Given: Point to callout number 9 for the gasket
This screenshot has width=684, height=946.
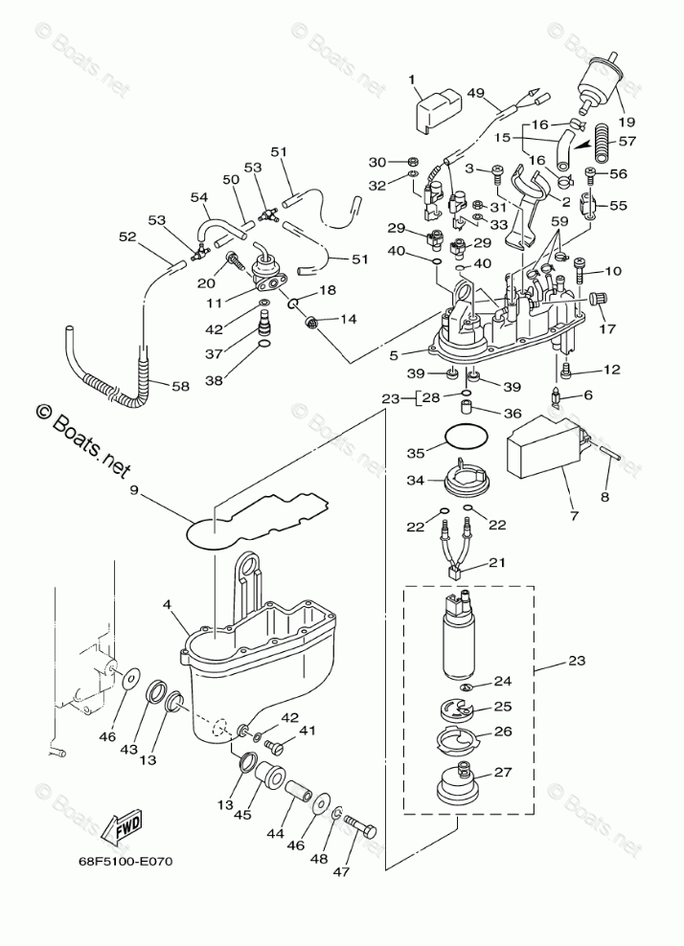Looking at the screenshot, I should coord(135,492).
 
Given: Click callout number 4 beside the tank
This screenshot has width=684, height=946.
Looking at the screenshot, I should coord(168,604).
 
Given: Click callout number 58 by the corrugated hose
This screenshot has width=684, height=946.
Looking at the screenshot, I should coord(181,386).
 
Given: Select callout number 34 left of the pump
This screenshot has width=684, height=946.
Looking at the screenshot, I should coord(413,481).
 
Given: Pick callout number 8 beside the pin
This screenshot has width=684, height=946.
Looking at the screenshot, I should coord(604,496).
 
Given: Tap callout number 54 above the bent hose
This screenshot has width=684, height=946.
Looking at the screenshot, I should coord(199,197).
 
